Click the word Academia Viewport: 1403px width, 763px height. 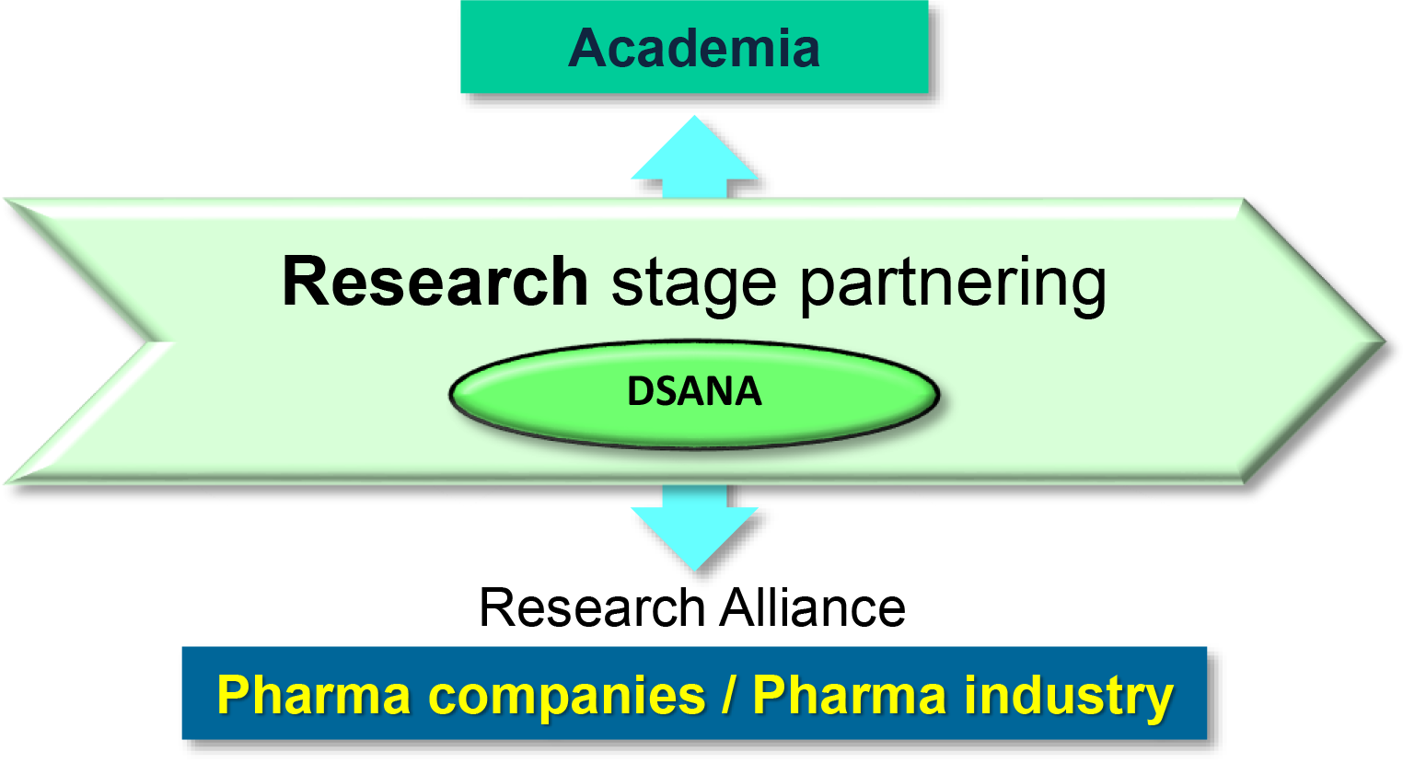[694, 48]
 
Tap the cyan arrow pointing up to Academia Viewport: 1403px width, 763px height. [695, 156]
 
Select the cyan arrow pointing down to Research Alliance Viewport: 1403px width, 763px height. [695, 527]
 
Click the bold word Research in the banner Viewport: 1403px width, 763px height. [435, 282]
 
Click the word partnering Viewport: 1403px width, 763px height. [954, 286]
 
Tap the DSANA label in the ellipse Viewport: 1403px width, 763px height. [695, 392]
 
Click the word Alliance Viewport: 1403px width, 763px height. [812, 607]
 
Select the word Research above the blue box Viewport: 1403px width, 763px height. [593, 607]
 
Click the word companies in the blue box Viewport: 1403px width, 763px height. [567, 697]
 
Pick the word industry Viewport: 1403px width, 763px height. [1069, 697]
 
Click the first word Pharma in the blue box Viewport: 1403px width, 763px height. [314, 694]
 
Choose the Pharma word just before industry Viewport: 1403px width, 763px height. [850, 694]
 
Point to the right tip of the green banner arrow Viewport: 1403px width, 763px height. [1385, 341]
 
